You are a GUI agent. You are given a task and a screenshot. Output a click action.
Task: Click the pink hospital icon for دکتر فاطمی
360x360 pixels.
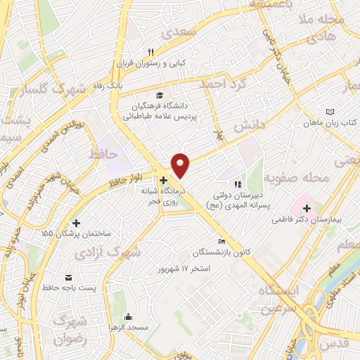(307, 208)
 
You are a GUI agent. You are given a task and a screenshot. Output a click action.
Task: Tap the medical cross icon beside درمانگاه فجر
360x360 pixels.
(163, 180)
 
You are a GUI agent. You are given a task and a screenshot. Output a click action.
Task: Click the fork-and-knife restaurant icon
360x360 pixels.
(150, 51)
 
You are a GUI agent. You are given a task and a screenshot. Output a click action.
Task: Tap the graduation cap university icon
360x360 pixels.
(160, 95)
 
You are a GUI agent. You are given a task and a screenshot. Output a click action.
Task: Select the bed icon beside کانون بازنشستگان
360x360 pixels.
(223, 241)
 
